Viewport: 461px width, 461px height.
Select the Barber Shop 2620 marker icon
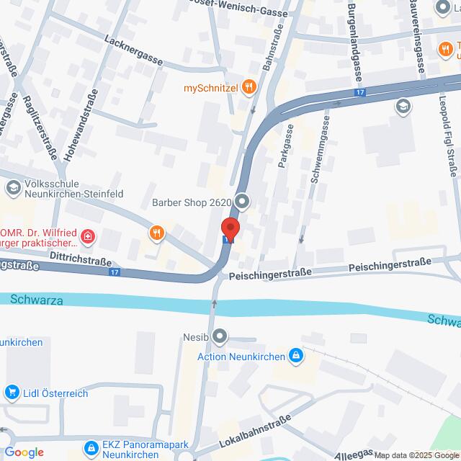243,202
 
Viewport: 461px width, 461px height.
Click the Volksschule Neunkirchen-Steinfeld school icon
12,189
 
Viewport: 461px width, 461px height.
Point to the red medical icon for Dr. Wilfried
88,236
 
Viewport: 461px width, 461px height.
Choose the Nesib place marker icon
220,336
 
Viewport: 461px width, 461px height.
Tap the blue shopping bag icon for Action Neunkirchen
295,355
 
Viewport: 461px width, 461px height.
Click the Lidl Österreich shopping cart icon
12,393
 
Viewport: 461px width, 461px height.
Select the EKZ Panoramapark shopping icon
91,448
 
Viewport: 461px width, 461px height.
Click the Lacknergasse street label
133,51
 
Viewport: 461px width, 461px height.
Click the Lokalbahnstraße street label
256,430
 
